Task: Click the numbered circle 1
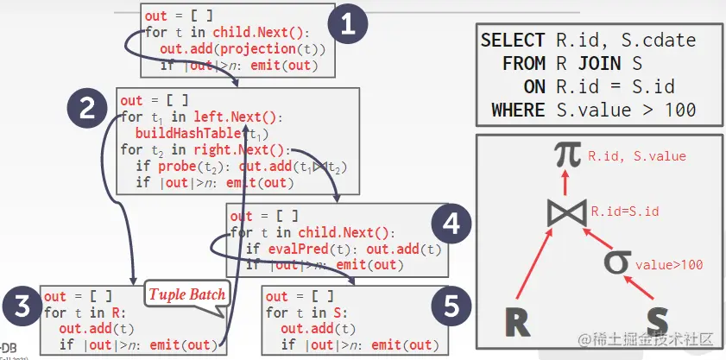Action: click(x=348, y=26)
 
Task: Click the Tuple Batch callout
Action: click(x=187, y=294)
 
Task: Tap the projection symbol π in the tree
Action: click(x=566, y=155)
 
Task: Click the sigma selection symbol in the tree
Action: click(x=615, y=261)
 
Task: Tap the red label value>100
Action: click(x=669, y=264)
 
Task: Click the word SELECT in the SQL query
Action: click(x=513, y=41)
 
